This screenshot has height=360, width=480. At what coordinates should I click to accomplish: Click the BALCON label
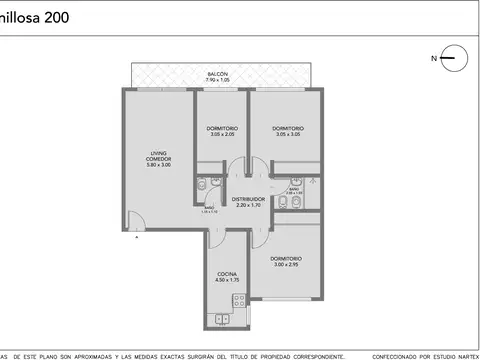217,74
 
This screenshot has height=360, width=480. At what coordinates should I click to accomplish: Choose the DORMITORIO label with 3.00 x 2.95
286,259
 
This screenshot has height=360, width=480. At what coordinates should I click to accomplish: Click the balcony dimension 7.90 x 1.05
217,80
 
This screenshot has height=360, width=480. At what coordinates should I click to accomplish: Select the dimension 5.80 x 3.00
159,164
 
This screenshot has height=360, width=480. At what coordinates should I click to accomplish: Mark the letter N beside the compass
434,58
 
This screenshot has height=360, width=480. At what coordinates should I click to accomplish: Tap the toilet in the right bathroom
284,204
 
